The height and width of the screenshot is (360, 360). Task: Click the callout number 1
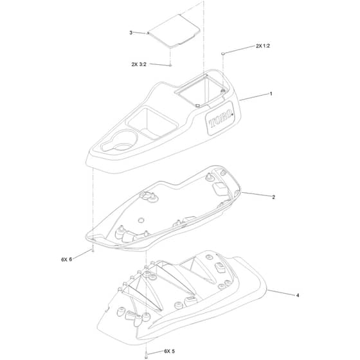pyautogui.click(x=271, y=94)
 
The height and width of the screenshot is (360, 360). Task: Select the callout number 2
pyautogui.click(x=273, y=197)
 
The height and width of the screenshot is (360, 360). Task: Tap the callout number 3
pyautogui.click(x=131, y=33)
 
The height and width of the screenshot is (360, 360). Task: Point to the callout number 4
pyautogui.click(x=298, y=295)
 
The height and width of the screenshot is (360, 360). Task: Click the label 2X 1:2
pyautogui.click(x=263, y=46)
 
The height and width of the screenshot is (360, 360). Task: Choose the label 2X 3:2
pyautogui.click(x=139, y=64)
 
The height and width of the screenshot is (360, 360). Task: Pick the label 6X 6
pyautogui.click(x=67, y=260)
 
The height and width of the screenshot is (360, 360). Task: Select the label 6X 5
pyautogui.click(x=170, y=351)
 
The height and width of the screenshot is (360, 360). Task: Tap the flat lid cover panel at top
pyautogui.click(x=174, y=31)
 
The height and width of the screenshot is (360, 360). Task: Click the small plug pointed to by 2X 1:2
pyautogui.click(x=222, y=53)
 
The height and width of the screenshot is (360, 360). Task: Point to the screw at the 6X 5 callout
pyautogui.click(x=147, y=355)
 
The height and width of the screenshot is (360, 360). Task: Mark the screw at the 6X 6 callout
pyautogui.click(x=93, y=250)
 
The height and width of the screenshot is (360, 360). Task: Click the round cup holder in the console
pyautogui.click(x=120, y=141)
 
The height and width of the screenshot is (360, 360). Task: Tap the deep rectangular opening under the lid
pyautogui.click(x=202, y=89)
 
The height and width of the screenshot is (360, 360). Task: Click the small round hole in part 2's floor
pyautogui.click(x=141, y=221)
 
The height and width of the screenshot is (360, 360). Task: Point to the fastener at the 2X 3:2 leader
pyautogui.click(x=170, y=66)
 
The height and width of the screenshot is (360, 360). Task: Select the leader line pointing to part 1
pyautogui.click(x=254, y=97)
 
